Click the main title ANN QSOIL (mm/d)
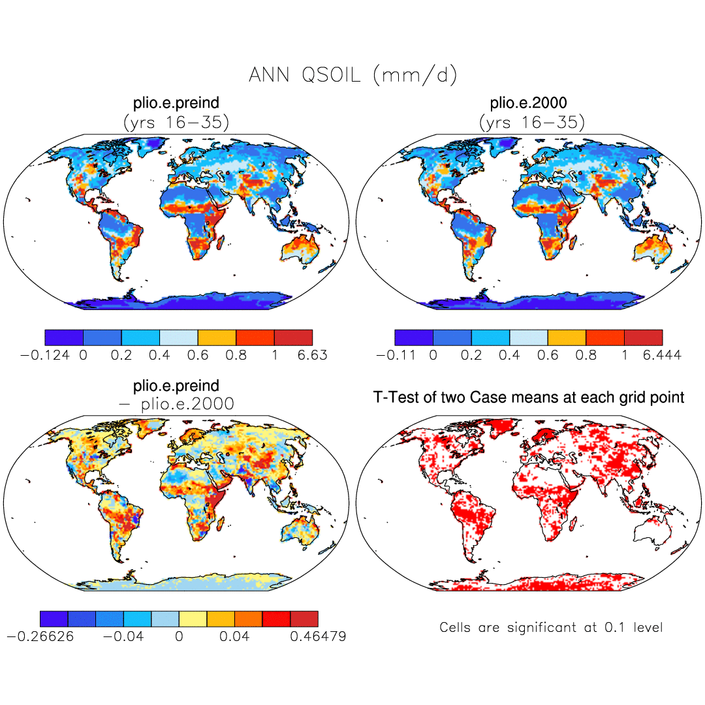[x=352, y=75]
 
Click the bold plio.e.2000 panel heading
[x=529, y=102]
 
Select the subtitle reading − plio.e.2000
[x=176, y=404]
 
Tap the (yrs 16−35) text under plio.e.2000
[x=531, y=122]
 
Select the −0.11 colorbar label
[x=396, y=355]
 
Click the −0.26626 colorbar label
[x=39, y=636]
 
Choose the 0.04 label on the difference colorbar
[x=235, y=636]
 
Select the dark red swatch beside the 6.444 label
[x=644, y=337]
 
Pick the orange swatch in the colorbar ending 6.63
[x=217, y=337]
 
